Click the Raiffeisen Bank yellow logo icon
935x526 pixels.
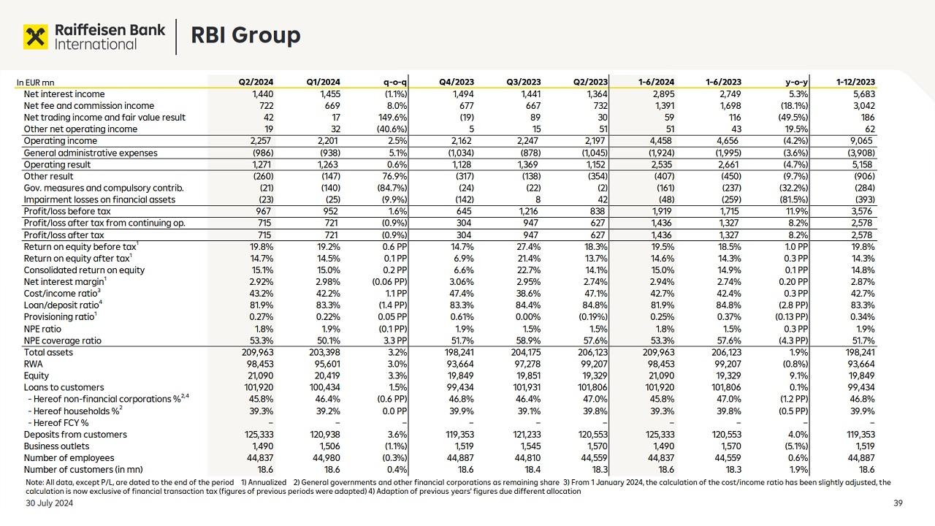[x=36, y=36]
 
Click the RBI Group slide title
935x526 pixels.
[x=245, y=35]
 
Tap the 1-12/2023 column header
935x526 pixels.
[x=856, y=83]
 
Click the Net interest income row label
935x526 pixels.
[x=64, y=94]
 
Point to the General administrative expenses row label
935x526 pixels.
[x=91, y=153]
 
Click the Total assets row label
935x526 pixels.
[x=48, y=353]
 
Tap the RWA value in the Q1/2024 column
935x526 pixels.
[x=326, y=365]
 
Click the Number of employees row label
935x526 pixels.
[x=67, y=458]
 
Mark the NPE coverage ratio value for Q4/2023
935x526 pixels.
[x=462, y=341]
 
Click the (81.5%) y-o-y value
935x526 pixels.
[x=792, y=200]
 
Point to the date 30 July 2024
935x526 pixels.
[x=50, y=503]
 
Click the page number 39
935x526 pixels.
[x=898, y=503]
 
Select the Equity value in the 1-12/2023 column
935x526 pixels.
[x=861, y=376]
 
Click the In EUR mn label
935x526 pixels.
[x=35, y=83]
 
